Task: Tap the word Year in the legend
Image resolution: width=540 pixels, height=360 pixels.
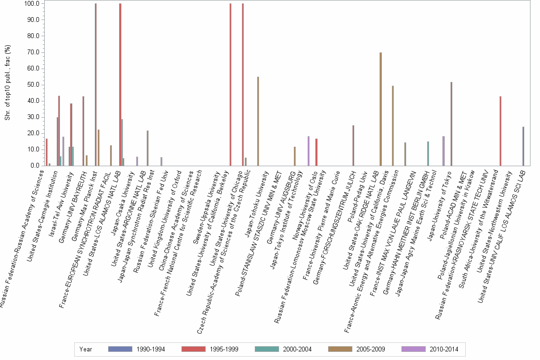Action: click(x=86, y=349)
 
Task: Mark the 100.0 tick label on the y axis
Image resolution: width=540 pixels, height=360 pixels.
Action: click(x=31, y=4)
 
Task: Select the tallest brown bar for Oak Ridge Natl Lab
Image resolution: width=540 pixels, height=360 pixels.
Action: click(x=380, y=109)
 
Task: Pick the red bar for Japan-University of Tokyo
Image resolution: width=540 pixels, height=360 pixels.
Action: click(x=451, y=124)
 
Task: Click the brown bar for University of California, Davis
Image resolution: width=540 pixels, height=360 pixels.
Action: click(x=392, y=126)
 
